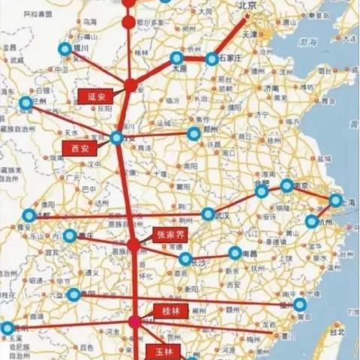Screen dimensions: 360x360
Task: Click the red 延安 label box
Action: click(94, 97)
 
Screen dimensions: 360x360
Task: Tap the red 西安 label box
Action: click(79, 148)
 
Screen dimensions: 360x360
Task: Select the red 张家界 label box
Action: click(169, 234)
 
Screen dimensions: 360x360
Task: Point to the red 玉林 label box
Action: click(163, 351)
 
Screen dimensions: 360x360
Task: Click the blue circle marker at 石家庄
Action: click(212, 58)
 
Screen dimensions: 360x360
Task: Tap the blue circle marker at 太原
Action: click(176, 58)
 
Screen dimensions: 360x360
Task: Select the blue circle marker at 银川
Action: click(65, 49)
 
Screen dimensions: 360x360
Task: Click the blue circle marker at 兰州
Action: click(26, 103)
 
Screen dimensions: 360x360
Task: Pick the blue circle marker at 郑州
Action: click(194, 133)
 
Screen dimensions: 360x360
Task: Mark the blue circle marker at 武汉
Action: click(208, 214)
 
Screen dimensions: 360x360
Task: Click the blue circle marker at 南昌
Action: click(235, 253)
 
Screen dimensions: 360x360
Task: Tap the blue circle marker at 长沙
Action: click(185, 259)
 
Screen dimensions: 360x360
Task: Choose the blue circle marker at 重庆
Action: click(70, 236)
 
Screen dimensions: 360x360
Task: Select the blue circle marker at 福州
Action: click(300, 304)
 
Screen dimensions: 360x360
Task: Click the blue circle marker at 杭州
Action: click(311, 222)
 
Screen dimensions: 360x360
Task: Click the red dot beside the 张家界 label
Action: click(133, 244)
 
